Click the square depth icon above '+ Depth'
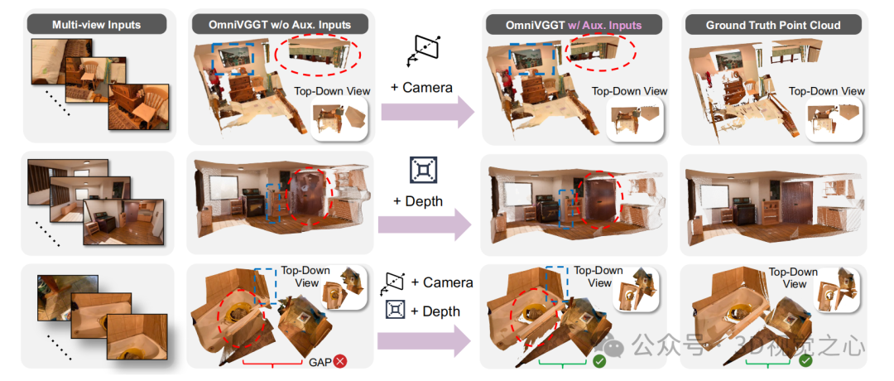coord(422,170)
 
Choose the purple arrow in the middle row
coord(427,225)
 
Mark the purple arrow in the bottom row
coord(427,340)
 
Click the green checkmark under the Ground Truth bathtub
coord(805,362)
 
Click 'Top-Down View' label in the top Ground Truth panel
coord(826,91)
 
